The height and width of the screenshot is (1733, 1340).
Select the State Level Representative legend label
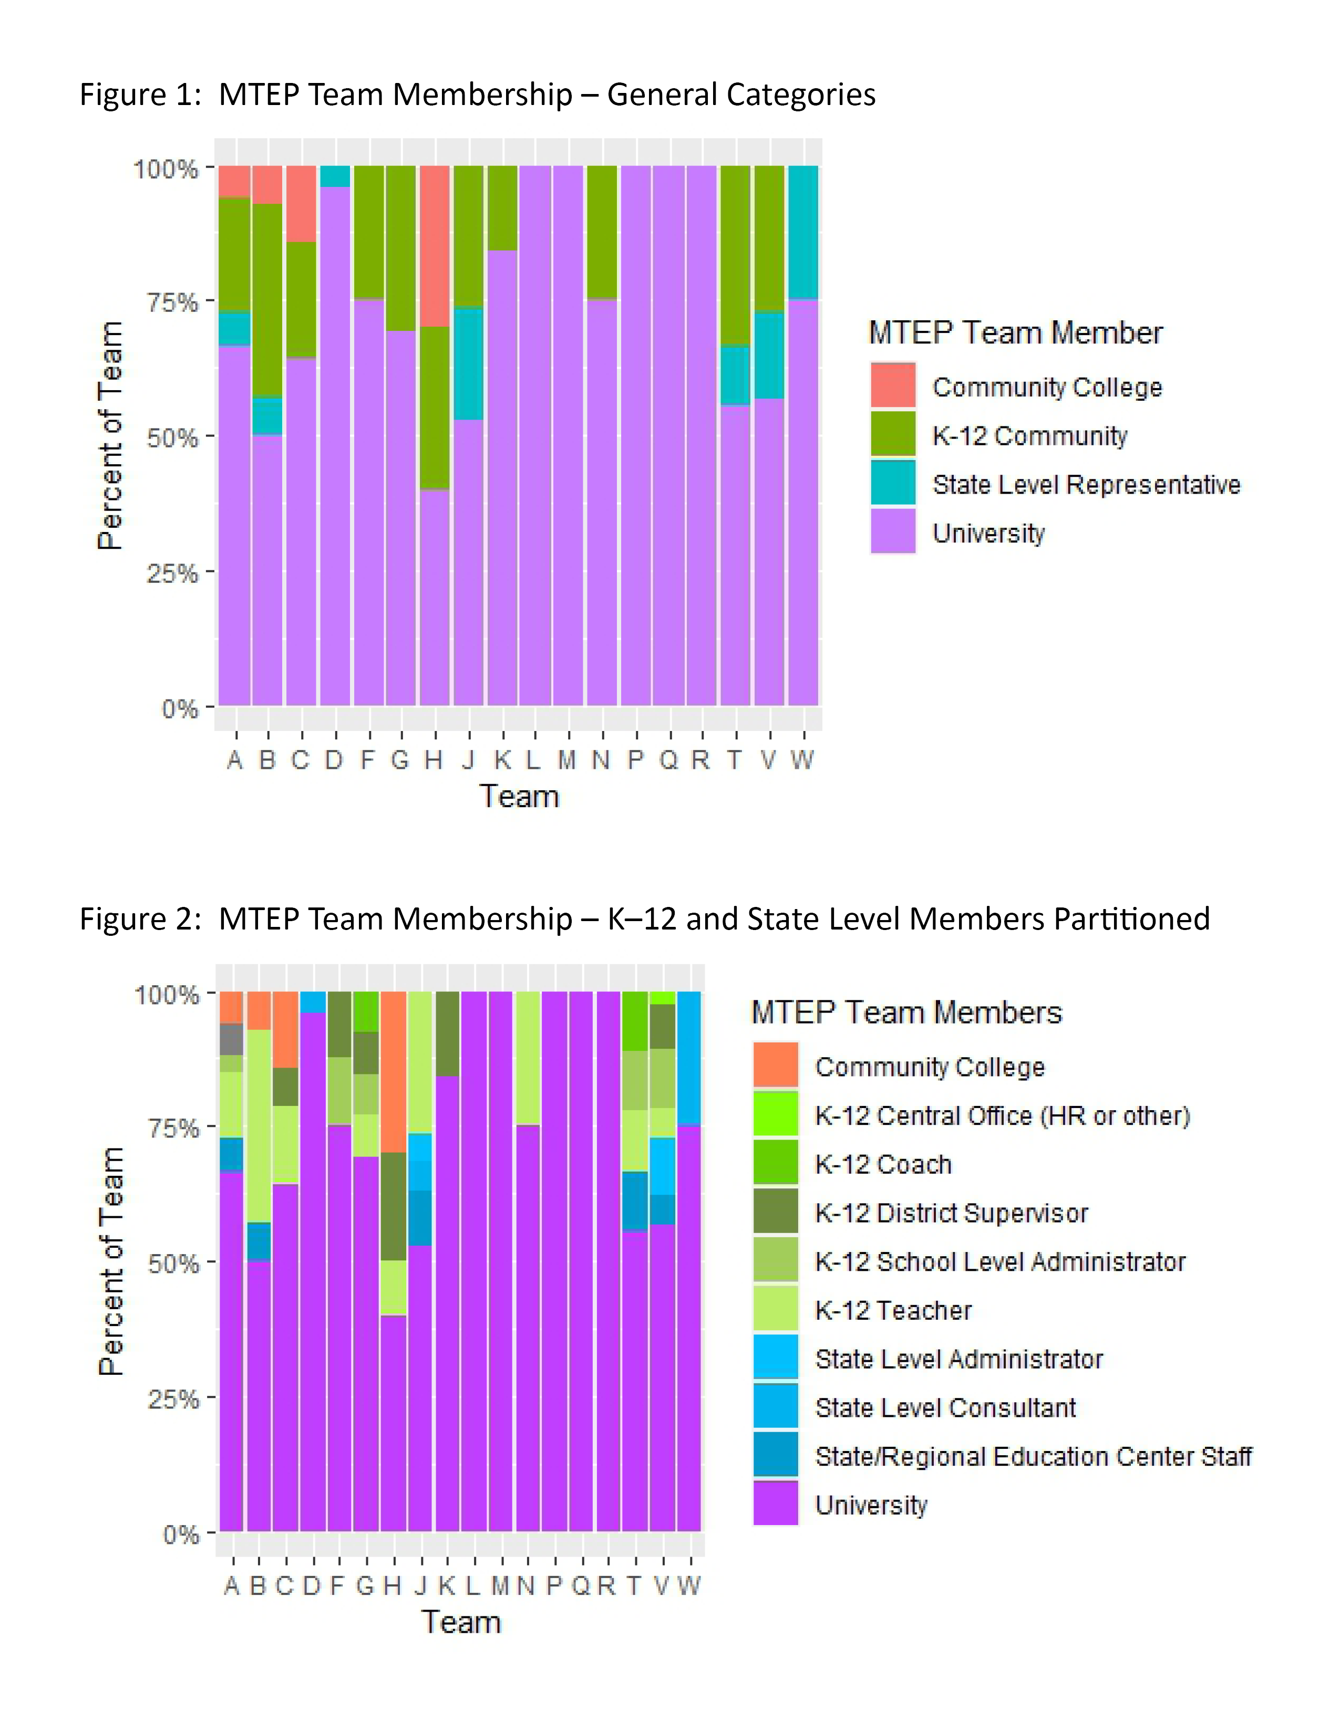[1085, 484]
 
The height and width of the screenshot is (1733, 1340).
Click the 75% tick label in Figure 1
[171, 302]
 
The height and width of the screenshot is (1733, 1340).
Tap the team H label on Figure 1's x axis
[434, 760]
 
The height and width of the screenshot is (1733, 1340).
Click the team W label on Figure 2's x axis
[688, 1585]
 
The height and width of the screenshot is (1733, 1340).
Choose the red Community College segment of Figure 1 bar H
[434, 246]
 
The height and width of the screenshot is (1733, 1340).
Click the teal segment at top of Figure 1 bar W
[802, 232]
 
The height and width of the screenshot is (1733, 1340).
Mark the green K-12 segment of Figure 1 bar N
[602, 232]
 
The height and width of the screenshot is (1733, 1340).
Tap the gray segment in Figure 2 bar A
[231, 1039]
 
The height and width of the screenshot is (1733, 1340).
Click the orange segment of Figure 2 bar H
[393, 1071]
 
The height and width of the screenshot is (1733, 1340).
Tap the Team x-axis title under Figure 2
[461, 1622]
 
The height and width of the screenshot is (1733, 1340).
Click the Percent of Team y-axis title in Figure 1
[110, 436]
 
